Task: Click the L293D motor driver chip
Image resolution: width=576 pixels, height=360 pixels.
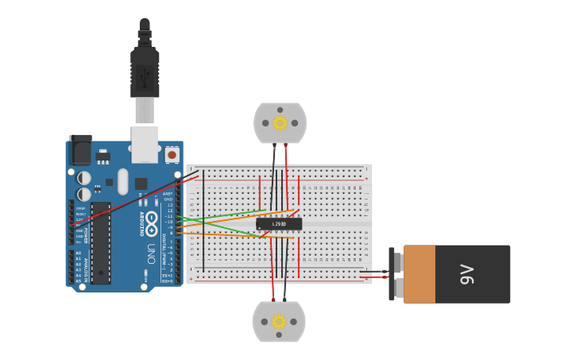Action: point(279,224)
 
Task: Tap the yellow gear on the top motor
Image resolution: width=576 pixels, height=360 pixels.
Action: point(280,123)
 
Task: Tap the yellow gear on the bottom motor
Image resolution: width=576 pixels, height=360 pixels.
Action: point(279,321)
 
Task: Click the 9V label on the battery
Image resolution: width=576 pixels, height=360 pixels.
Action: point(466,274)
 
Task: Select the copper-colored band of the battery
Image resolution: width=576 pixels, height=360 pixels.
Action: point(419,274)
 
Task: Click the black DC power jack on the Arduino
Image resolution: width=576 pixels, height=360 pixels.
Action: point(80,149)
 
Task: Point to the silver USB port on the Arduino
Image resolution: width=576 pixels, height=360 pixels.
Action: point(145,143)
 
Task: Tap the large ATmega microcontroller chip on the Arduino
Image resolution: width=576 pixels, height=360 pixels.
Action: point(100,242)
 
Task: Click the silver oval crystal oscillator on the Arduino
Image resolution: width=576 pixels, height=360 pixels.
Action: point(122,181)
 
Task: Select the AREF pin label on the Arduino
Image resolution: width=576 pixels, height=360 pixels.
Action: point(168,193)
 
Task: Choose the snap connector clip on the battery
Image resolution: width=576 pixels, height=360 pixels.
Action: point(392,274)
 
